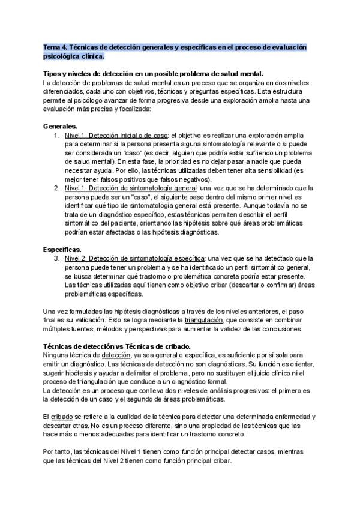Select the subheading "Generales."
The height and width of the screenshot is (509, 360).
point(60,127)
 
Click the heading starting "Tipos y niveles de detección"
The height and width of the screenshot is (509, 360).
point(154,73)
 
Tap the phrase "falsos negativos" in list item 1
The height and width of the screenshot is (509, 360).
point(185,179)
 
